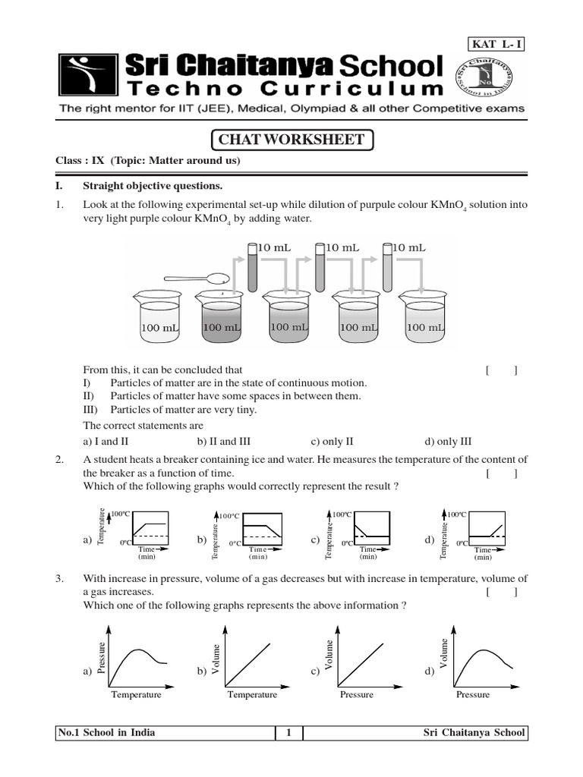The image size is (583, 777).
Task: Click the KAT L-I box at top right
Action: tap(497, 43)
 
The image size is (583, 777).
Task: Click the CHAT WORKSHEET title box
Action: tap(291, 140)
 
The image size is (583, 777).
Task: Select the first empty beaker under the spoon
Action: tap(157, 317)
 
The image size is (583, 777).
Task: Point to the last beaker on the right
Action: tap(426, 317)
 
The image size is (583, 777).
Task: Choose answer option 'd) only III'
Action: tap(449, 441)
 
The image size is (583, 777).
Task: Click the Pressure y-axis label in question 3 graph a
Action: tap(101, 656)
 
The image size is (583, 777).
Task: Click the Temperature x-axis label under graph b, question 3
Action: tap(252, 694)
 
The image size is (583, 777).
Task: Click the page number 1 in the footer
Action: tap(288, 732)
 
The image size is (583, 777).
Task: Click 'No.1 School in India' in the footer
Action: tap(107, 732)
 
